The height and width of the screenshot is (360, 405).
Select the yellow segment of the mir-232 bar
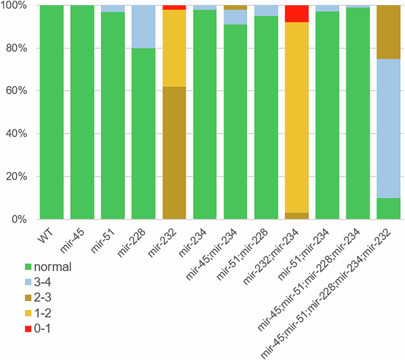174,48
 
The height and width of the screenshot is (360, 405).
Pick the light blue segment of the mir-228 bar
143,27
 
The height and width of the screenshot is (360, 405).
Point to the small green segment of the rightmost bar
388,209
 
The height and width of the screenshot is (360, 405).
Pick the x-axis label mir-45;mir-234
219,248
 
